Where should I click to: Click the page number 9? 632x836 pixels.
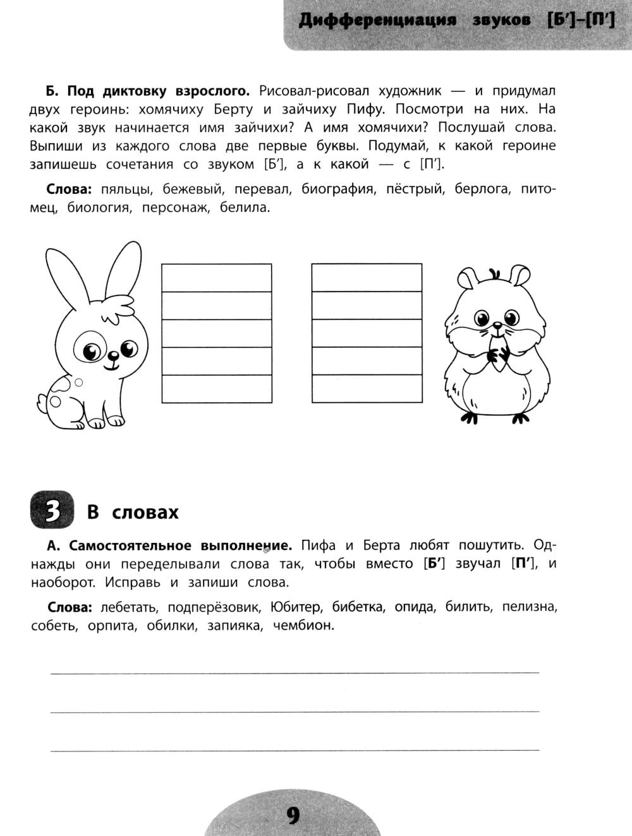tap(293, 816)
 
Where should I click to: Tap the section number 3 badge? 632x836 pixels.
tap(52, 511)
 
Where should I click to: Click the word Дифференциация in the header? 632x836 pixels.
tap(377, 21)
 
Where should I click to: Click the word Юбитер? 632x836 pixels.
tap(295, 607)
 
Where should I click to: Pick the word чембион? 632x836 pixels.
tap(303, 626)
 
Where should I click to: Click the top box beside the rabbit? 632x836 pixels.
tap(217, 278)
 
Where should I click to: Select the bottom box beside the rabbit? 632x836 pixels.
tap(217, 389)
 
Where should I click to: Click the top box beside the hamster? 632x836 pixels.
tap(367, 278)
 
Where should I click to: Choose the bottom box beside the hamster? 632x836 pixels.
tap(367, 389)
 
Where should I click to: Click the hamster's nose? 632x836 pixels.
tap(498, 326)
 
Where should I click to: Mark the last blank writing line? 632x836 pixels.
tap(295, 749)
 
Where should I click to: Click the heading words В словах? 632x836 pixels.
tap(133, 512)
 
